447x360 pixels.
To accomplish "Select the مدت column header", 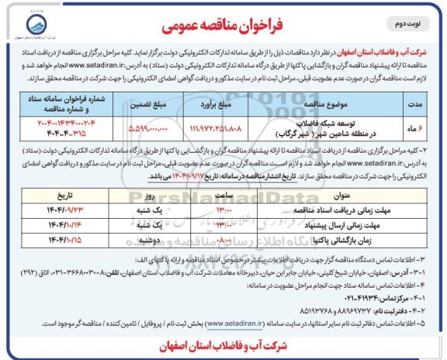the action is (x=419, y=104).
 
